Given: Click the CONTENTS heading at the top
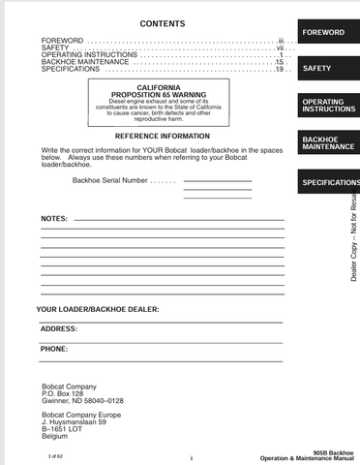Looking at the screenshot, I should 164,22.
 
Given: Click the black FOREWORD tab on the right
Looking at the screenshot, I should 323,32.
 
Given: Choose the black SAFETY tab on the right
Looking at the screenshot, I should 317,69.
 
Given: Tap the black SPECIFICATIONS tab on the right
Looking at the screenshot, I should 329,182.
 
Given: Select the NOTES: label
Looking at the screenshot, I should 53,219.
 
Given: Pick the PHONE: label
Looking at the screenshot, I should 54,348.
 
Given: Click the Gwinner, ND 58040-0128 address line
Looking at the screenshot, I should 82,400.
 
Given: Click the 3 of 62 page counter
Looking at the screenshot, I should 48,454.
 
